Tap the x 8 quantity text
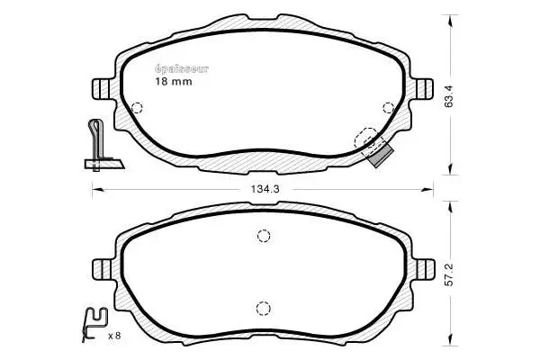point(114,336)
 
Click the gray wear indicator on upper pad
point(382,154)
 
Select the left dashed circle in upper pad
point(137,109)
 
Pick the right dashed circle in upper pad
point(390,107)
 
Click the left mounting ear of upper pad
point(101,87)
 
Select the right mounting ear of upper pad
point(424,87)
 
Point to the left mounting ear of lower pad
point(101,269)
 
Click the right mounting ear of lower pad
point(424,269)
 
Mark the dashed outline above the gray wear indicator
point(365,139)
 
